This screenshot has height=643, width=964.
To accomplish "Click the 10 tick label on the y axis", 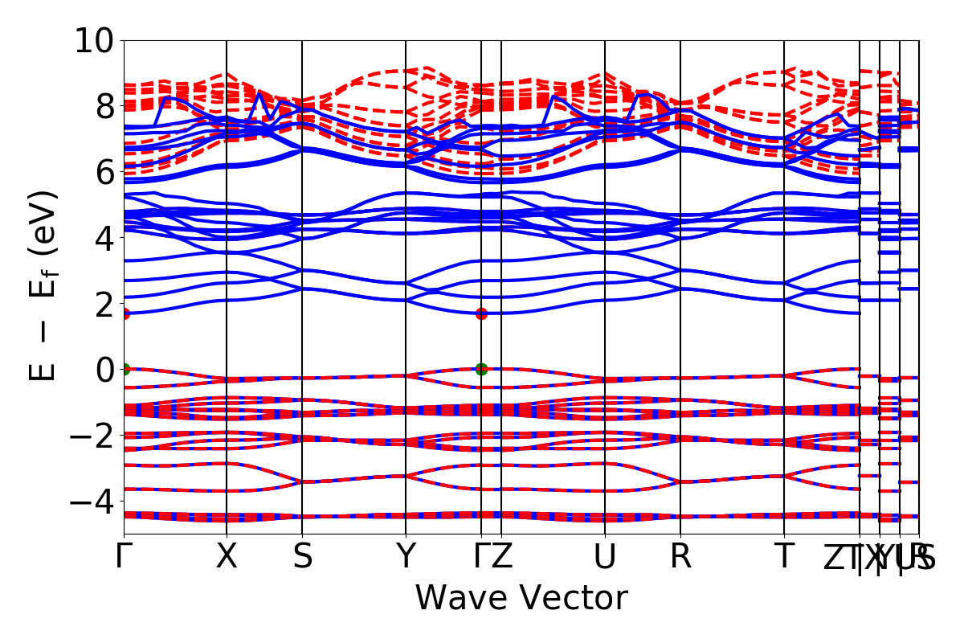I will [96, 40].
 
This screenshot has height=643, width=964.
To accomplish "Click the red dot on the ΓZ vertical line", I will [481, 313].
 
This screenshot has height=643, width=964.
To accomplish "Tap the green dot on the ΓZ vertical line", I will [481, 369].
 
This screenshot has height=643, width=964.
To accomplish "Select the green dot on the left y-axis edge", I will [125, 369].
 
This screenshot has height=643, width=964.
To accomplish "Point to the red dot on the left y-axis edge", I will [125, 313].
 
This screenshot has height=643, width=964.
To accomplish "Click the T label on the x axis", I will [784, 556].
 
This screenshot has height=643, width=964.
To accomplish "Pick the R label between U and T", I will [680, 556].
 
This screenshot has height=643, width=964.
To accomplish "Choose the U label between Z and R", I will [604, 556].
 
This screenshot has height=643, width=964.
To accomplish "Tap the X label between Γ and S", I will [227, 556].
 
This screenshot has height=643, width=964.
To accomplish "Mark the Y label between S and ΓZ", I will [406, 556].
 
